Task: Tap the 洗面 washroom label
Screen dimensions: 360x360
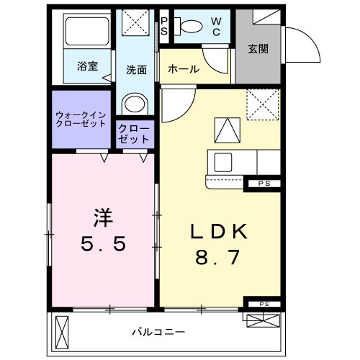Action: pyautogui.click(x=137, y=70)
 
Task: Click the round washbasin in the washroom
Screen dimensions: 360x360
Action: pyautogui.click(x=135, y=104)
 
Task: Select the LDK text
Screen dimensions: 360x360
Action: pyautogui.click(x=219, y=231)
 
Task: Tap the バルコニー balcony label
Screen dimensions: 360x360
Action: pyautogui.click(x=158, y=332)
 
